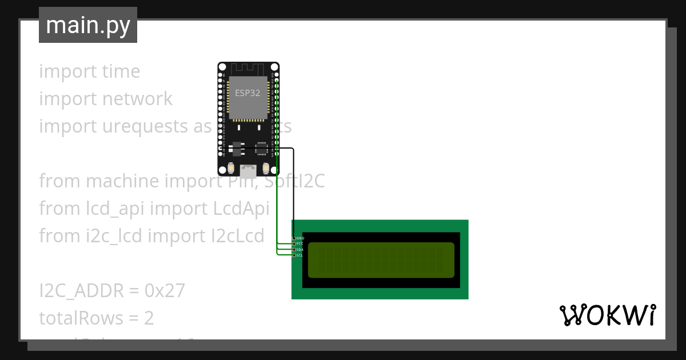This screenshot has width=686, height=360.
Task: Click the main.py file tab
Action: click(x=88, y=25)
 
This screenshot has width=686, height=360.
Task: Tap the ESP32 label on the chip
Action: click(x=248, y=92)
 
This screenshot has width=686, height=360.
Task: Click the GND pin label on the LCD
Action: click(x=301, y=238)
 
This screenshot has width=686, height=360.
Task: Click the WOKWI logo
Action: click(x=607, y=315)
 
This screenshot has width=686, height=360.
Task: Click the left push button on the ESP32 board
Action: click(x=232, y=168)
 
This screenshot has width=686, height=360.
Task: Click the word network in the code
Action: click(x=137, y=99)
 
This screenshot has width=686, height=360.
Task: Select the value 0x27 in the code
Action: click(x=165, y=291)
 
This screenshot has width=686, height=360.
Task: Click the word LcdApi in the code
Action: click(x=241, y=209)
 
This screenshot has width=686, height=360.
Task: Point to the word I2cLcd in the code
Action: click(x=236, y=235)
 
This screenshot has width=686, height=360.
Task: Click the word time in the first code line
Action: click(x=121, y=71)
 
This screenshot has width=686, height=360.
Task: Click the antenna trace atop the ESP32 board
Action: click(x=248, y=69)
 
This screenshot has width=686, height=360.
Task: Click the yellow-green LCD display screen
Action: click(x=381, y=260)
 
